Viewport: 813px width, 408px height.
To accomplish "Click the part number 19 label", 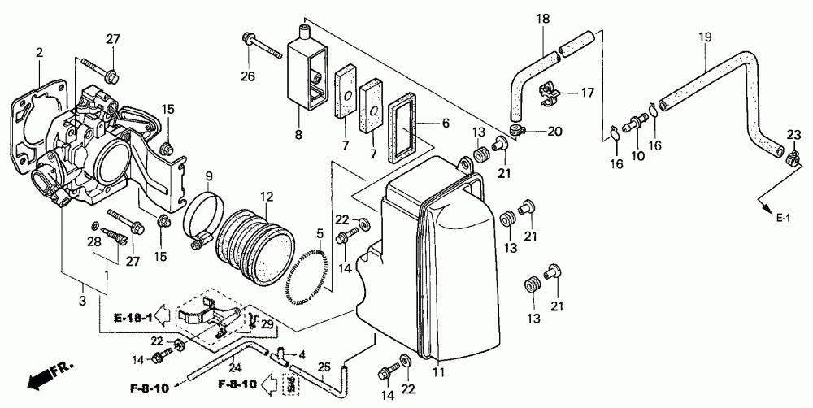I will pyautogui.click(x=705, y=37).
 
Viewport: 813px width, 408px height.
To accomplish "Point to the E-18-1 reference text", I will pyautogui.click(x=133, y=316).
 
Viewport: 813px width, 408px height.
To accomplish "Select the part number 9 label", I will pyautogui.click(x=208, y=176).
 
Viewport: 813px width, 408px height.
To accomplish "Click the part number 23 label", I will pyautogui.click(x=793, y=134).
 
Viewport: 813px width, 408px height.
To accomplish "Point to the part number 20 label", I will pyautogui.click(x=555, y=131).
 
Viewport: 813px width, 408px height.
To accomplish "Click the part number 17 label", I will pyautogui.click(x=587, y=93).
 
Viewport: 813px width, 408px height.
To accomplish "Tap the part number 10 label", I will pyautogui.click(x=637, y=155).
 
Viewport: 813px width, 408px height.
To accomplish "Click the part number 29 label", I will pyautogui.click(x=267, y=325).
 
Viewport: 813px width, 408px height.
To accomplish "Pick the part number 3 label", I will pyautogui.click(x=82, y=302).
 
